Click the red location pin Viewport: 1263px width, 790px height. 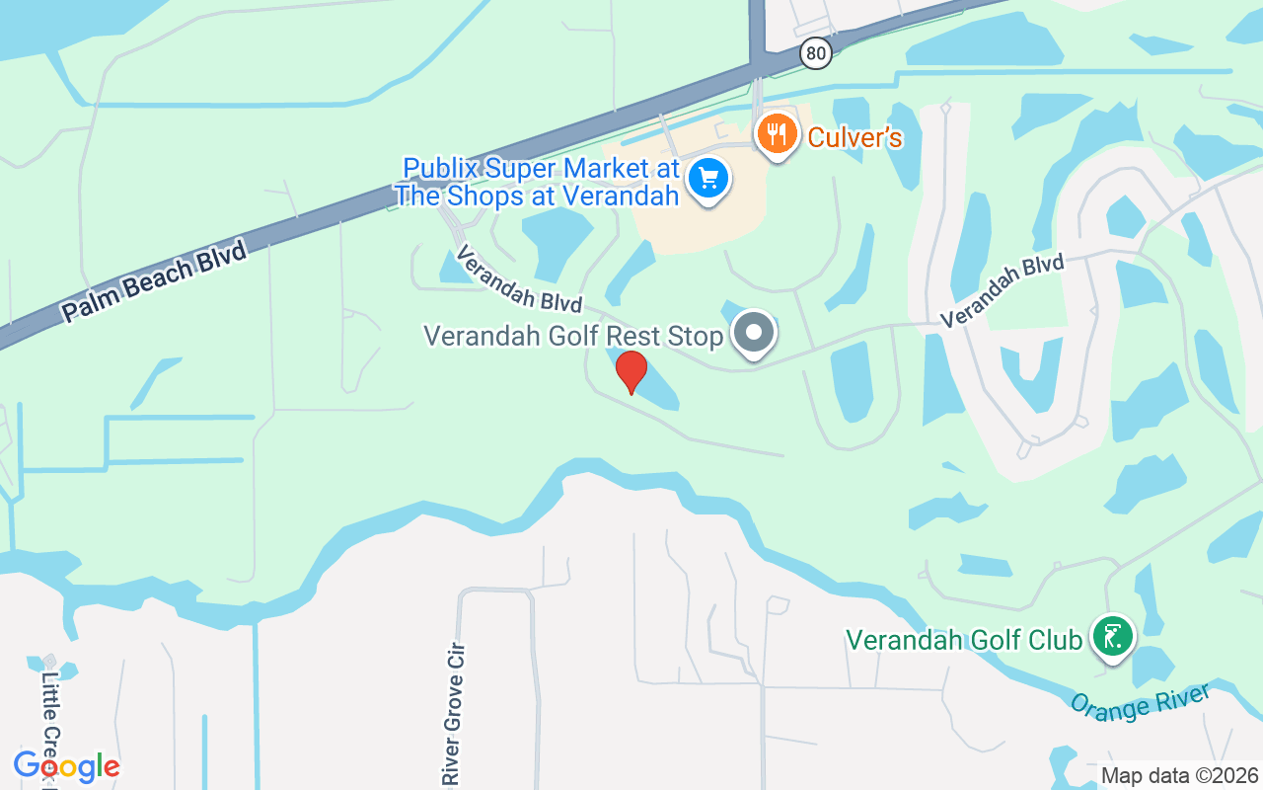pyautogui.click(x=631, y=371)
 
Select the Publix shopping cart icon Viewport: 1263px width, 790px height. pyautogui.click(x=707, y=179)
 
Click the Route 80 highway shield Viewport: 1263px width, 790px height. pyautogui.click(x=815, y=53)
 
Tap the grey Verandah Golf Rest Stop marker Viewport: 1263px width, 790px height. pyautogui.click(x=755, y=333)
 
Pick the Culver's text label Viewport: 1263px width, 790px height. pyautogui.click(x=854, y=137)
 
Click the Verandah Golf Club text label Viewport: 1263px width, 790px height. pyautogui.click(x=964, y=640)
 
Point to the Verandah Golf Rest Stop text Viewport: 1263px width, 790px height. pyautogui.click(x=573, y=336)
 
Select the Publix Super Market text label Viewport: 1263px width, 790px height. pyautogui.click(x=541, y=182)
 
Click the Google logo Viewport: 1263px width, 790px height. pyautogui.click(x=66, y=766)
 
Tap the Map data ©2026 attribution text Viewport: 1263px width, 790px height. pyautogui.click(x=1180, y=776)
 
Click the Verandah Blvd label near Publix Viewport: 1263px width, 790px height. pyautogui.click(x=519, y=279)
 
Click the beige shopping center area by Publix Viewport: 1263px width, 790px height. pyautogui.click(x=691, y=222)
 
